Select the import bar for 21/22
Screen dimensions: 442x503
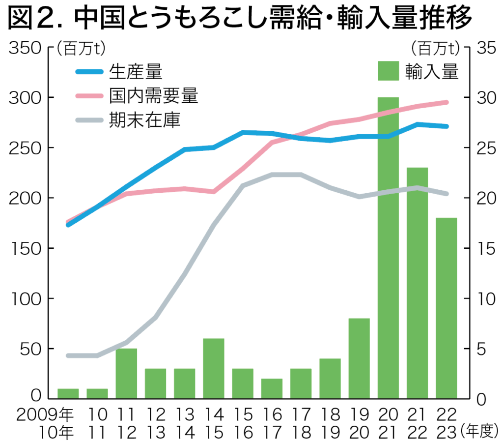pyautogui.click(x=417, y=283)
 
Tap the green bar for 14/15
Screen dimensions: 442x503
pyautogui.click(x=213, y=368)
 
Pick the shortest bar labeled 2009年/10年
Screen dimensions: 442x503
pyautogui.click(x=68, y=393)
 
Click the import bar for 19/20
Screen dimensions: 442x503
pyautogui.click(x=359, y=358)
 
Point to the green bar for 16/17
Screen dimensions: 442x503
pyautogui.click(x=272, y=388)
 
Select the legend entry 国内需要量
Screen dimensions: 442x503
pyautogui.click(x=153, y=96)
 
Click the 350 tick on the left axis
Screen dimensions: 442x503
pyautogui.click(x=24, y=48)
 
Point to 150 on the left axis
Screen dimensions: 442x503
pyautogui.click(x=24, y=249)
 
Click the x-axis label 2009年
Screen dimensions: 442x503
pyautogui.click(x=44, y=416)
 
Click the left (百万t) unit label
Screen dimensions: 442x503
pyautogui.click(x=78, y=48)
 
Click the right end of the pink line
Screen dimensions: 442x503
pyautogui.click(x=446, y=102)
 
